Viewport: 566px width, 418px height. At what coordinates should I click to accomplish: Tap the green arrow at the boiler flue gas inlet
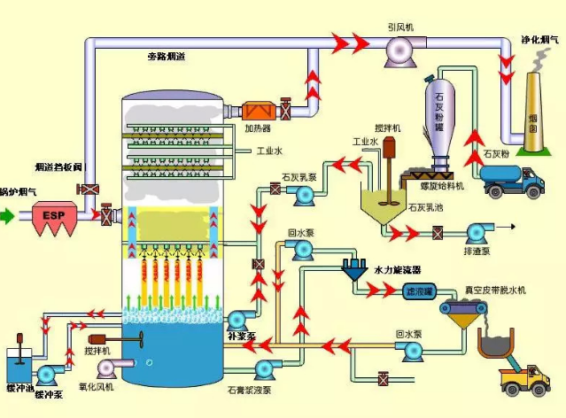pos(8,214)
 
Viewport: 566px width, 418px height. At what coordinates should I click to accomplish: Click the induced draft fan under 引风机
pos(392,55)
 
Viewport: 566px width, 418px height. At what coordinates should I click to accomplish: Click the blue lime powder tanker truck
pos(511,181)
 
